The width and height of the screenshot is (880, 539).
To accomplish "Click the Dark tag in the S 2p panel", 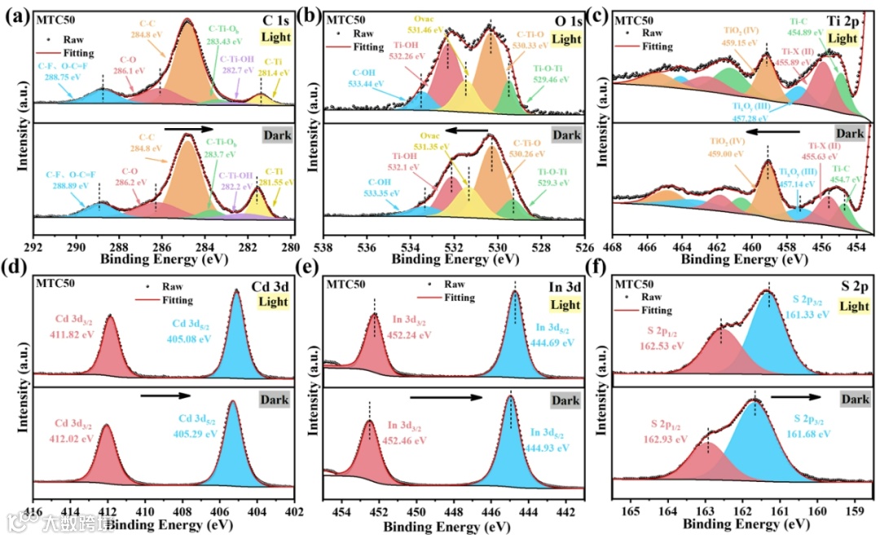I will [855, 400].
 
